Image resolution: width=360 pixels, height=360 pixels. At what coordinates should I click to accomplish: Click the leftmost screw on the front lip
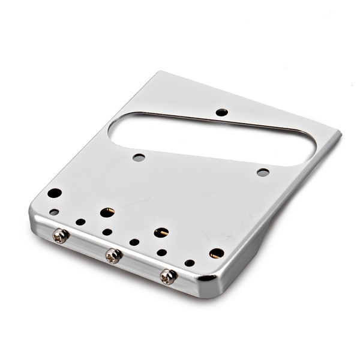pyautogui.click(x=60, y=236)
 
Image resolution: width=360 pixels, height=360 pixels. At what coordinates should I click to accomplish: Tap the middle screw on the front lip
pyautogui.click(x=113, y=256)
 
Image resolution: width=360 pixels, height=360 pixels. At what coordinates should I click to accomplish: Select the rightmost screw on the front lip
pyautogui.click(x=168, y=276)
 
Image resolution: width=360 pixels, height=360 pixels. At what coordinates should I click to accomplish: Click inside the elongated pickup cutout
pyautogui.click(x=216, y=135)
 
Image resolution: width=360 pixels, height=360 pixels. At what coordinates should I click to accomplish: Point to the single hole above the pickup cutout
pyautogui.click(x=221, y=112)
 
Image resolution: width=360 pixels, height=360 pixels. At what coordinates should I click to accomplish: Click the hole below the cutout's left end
pyautogui.click(x=139, y=158)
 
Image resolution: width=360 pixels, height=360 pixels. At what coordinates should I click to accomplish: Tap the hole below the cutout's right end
pyautogui.click(x=263, y=172)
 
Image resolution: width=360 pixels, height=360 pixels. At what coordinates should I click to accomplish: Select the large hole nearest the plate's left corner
pyautogui.click(x=55, y=193)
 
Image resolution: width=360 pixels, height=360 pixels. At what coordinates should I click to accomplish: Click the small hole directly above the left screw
pyautogui.click(x=54, y=212)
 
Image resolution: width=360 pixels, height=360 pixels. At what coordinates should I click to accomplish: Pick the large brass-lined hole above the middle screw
pyautogui.click(x=107, y=212)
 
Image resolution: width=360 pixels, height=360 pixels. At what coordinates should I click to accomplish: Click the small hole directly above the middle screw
pyautogui.click(x=107, y=232)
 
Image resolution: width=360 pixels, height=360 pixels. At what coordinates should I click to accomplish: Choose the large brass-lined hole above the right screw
pyautogui.click(x=161, y=232)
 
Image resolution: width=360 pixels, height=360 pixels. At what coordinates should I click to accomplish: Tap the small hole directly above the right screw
pyautogui.click(x=161, y=253)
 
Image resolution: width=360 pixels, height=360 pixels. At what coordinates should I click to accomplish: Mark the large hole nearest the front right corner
pyautogui.click(x=217, y=253)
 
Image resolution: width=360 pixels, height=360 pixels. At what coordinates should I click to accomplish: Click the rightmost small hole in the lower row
pyautogui.click(x=190, y=263)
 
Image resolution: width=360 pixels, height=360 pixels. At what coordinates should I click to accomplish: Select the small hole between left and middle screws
pyautogui.click(x=80, y=222)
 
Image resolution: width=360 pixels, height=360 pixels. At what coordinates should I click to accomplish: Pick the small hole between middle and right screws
pyautogui.click(x=134, y=242)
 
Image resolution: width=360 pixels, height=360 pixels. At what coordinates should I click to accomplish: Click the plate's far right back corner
pyautogui.click(x=340, y=133)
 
